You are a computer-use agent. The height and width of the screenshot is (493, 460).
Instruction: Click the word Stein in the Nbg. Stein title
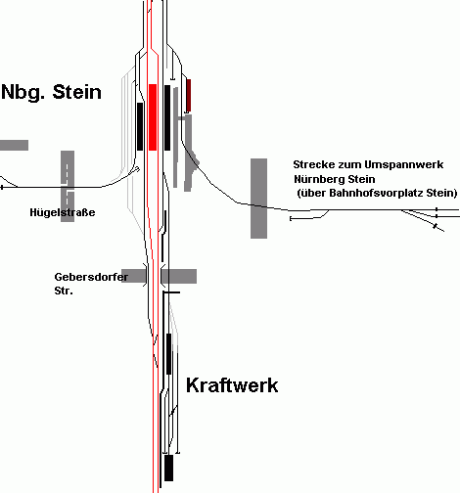[x=77, y=92]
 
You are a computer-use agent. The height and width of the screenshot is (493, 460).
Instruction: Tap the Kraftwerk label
[x=232, y=385]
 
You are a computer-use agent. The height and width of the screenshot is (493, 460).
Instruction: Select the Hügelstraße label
[x=63, y=212]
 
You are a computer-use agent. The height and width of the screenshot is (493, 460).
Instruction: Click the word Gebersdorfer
[x=91, y=277]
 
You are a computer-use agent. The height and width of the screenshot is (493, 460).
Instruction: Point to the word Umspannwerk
[x=403, y=164]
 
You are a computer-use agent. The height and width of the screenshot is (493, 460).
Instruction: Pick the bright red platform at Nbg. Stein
[x=153, y=117]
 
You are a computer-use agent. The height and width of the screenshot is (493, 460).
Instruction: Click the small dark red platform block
[x=189, y=95]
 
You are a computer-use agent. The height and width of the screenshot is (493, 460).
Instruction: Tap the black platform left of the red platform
[x=140, y=126]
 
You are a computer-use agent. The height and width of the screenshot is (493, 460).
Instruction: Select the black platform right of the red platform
[x=167, y=117]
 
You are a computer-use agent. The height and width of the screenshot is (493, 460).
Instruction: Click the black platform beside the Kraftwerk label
[x=168, y=354]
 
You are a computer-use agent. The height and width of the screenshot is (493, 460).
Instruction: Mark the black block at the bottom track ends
[x=168, y=468]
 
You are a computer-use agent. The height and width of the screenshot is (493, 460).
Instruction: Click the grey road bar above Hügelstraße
[x=68, y=186]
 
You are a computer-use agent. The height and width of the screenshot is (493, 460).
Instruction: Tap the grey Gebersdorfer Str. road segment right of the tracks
[x=179, y=276]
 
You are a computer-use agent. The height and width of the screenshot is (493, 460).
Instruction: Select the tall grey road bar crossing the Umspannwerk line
[x=258, y=199]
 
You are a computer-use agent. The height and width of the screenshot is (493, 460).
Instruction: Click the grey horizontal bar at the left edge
[x=14, y=145]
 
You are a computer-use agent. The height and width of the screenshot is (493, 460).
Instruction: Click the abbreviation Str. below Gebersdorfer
[x=64, y=291]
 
